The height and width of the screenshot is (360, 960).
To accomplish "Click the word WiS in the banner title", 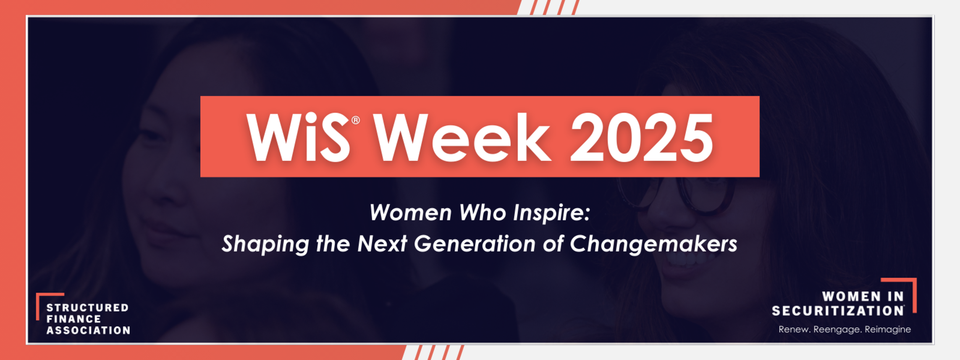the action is [x=298, y=137].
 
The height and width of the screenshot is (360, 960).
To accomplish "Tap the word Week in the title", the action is [x=462, y=137].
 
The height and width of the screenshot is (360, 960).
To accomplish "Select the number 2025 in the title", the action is [x=642, y=137].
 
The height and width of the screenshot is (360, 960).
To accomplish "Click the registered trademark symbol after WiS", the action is [x=356, y=121].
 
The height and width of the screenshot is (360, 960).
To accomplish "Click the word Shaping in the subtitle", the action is [x=265, y=244].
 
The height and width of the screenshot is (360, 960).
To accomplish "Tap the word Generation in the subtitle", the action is [x=475, y=244].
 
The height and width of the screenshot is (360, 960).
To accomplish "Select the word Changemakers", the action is [x=653, y=244].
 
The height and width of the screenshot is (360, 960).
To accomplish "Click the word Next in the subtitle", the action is [x=382, y=244].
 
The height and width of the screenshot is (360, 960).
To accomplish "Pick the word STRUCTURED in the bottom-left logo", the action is [x=87, y=308].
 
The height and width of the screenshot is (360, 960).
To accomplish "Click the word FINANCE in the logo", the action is [x=73, y=319].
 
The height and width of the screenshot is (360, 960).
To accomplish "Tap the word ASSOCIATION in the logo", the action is [x=88, y=331].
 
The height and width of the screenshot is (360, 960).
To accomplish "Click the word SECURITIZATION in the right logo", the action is [x=838, y=311].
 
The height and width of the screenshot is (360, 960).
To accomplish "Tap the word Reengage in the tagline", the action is [x=838, y=330].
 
